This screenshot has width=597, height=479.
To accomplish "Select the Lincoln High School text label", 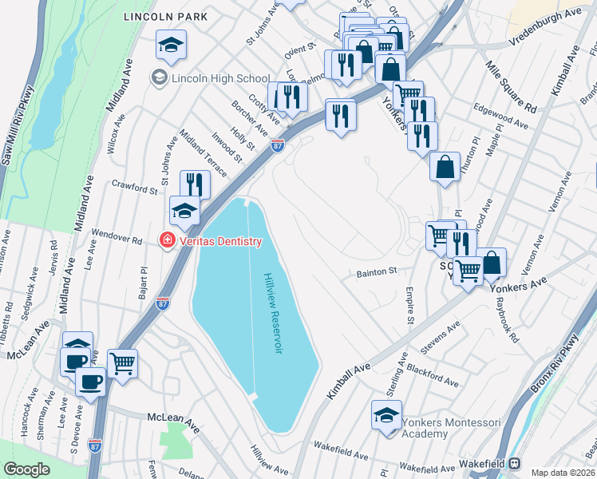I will click(x=219, y=78).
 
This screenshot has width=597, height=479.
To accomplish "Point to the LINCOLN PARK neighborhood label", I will click(x=165, y=16).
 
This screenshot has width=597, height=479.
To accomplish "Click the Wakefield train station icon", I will click(x=515, y=463).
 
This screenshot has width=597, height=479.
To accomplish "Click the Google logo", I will click(x=26, y=469).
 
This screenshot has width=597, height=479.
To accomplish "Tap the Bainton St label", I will click(x=375, y=273).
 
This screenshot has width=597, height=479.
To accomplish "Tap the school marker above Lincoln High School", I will click(x=171, y=46).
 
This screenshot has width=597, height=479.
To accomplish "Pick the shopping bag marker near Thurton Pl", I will click(x=445, y=167).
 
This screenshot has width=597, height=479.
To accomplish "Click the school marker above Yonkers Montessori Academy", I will click(x=386, y=415).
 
